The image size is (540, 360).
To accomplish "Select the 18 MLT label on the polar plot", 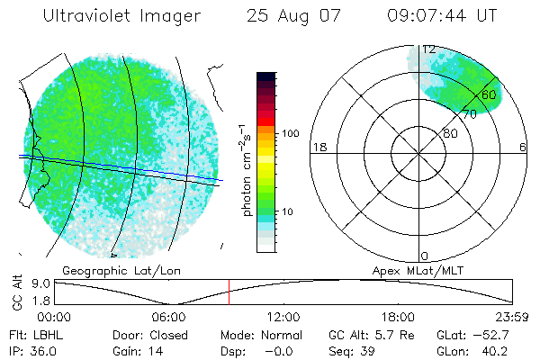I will click(318, 147).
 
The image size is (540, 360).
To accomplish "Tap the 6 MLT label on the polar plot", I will click(523, 147).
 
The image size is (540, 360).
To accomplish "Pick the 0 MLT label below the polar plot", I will click(425, 256).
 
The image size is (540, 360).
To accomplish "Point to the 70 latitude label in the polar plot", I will click(469, 115).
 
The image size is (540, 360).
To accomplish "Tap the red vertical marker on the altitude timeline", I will click(229, 292).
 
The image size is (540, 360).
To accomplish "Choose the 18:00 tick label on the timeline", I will click(399, 317).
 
